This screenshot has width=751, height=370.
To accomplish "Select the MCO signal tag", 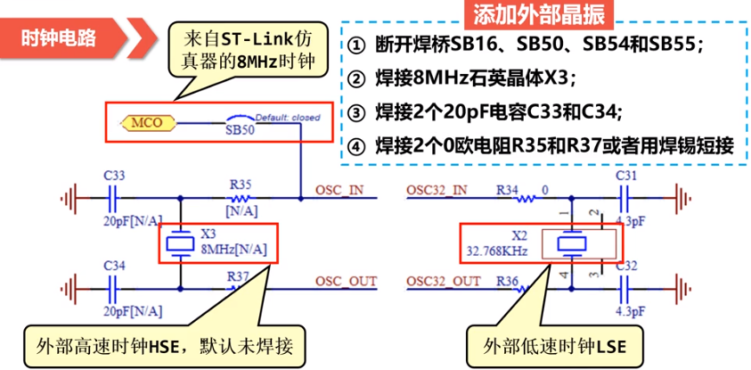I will [x=143, y=121].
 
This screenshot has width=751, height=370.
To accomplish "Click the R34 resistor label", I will [x=507, y=190].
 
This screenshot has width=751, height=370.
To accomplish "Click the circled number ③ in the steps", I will [x=357, y=112].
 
